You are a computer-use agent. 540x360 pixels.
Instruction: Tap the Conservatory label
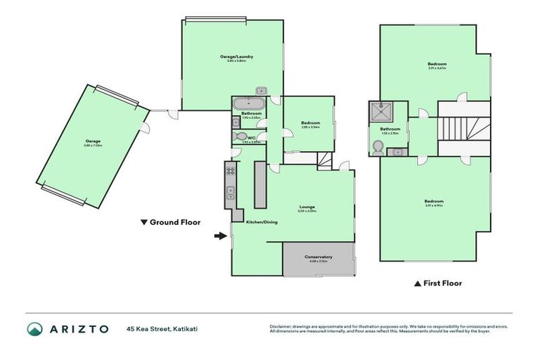pos(319,257)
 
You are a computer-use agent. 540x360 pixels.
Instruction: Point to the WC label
pos(251,138)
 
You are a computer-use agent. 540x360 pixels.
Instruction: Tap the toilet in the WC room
pos(240,137)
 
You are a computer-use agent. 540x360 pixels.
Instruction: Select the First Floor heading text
pos(442,283)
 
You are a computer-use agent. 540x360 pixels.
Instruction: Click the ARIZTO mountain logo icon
pos(34,328)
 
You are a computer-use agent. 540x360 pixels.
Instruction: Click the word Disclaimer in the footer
pos(281,326)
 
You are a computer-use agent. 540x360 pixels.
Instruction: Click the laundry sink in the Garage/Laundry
pos(261,90)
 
